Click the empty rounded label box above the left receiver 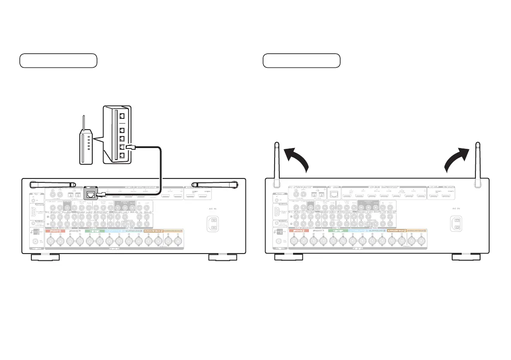(x=58, y=61)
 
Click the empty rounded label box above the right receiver (x=301, y=61)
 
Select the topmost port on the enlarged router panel (x=122, y=116)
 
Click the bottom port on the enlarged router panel (x=122, y=156)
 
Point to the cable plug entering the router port (x=133, y=148)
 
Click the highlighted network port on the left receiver (x=91, y=194)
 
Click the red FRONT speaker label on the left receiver (x=54, y=231)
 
